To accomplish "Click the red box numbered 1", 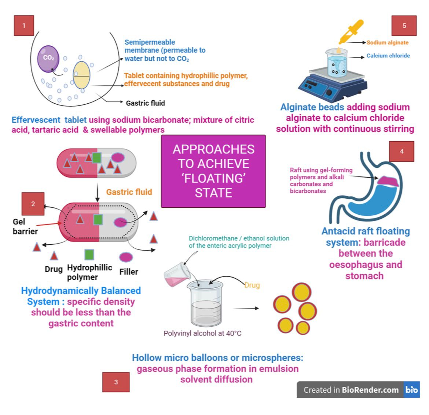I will (x=24, y=26).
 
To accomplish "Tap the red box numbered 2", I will (x=33, y=204).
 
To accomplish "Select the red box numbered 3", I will (x=116, y=382).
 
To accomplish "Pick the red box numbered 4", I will (x=401, y=151).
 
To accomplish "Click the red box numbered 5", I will (x=404, y=26).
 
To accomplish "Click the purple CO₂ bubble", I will (x=48, y=58).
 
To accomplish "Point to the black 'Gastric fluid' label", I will (x=145, y=103).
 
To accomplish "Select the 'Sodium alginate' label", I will (x=387, y=42).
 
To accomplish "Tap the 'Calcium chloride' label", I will (x=388, y=56).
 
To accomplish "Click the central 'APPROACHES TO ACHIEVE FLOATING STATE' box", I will (x=213, y=171).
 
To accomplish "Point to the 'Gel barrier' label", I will (x=25, y=226).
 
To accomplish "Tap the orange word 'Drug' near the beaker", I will (x=252, y=285).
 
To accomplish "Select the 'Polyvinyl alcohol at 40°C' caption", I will (x=202, y=333).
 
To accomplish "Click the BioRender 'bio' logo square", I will (x=411, y=390).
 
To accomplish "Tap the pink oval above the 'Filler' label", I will (x=126, y=257).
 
